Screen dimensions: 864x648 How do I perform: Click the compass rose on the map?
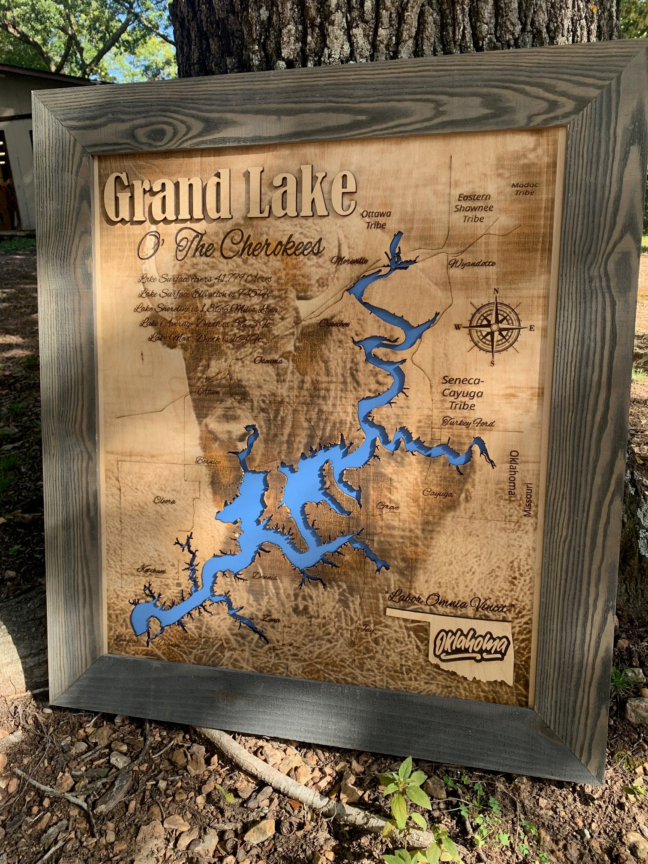tap(495, 327)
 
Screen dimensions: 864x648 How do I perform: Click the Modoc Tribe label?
tap(525, 189)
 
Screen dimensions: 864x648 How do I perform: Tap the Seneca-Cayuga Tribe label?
tap(462, 393)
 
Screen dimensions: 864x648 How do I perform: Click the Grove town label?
tap(387, 507)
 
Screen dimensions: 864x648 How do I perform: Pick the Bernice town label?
tap(208, 461)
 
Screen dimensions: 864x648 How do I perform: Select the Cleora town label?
tap(165, 501)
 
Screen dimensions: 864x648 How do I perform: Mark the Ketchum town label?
tap(151, 570)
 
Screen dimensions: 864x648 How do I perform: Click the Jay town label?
tap(364, 629)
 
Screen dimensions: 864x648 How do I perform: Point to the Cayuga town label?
tap(438, 493)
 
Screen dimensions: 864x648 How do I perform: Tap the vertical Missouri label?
tap(529, 500)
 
